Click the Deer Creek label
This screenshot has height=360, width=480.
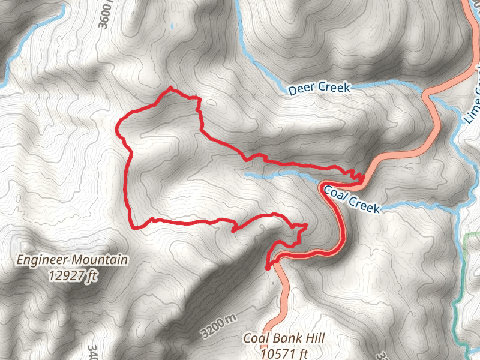click(x=319, y=88)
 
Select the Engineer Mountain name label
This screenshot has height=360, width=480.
click(x=72, y=260)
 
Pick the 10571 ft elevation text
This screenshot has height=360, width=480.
click(x=284, y=353)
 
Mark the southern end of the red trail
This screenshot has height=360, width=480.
click(x=267, y=267)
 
